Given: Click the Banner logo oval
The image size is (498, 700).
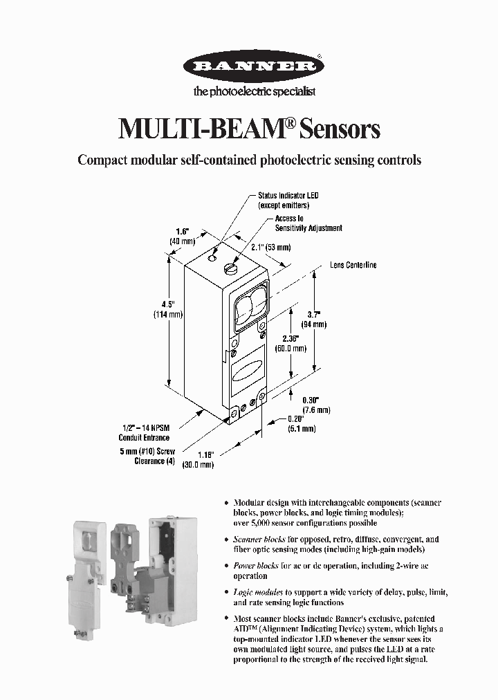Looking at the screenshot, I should click(252, 67).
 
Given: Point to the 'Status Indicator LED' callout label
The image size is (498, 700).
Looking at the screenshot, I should click(288, 201).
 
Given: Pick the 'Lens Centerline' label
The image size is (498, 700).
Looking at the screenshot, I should click(353, 266).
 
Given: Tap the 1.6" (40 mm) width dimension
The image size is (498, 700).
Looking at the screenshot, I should click(183, 236).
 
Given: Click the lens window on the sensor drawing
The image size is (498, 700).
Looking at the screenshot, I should click(250, 309).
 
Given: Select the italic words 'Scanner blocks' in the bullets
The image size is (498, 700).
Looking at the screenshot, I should click(256, 539).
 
